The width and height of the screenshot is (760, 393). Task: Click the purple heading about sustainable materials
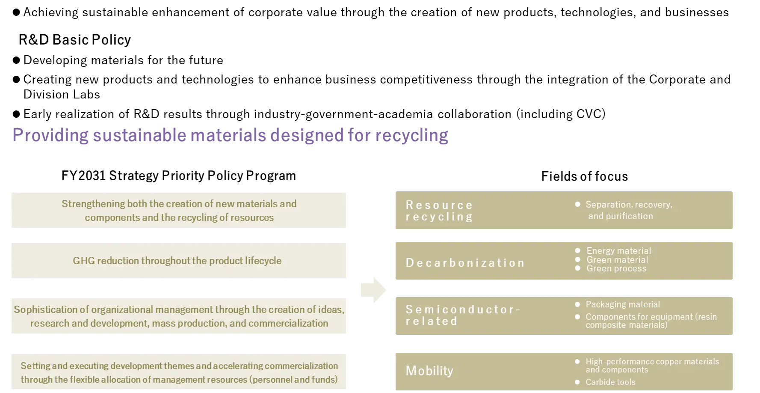pyautogui.click(x=229, y=136)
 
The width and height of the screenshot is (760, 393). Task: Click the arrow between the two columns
pyautogui.click(x=373, y=289)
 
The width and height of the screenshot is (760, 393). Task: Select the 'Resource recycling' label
pyautogui.click(x=439, y=211)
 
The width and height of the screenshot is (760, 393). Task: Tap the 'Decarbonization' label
pyautogui.click(x=465, y=262)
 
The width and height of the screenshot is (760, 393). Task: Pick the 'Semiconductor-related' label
pyautogui.click(x=463, y=315)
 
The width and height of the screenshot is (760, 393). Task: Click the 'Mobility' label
pyautogui.click(x=429, y=371)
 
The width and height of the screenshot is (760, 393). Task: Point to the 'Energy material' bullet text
pyautogui.click(x=618, y=251)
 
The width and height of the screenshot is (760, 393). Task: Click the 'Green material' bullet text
pyautogui.click(x=617, y=260)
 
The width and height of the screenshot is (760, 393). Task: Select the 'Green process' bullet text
pyautogui.click(x=616, y=268)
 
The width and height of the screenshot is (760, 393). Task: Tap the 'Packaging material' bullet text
pyautogui.click(x=623, y=304)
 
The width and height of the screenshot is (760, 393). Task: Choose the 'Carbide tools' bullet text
pyautogui.click(x=610, y=382)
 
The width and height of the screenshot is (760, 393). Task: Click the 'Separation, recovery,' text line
pyautogui.click(x=629, y=205)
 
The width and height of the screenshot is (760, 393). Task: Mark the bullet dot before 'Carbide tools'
pyautogui.click(x=577, y=382)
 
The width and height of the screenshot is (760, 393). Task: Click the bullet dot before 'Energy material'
pyautogui.click(x=578, y=250)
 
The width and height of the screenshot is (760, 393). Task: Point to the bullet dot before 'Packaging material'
pyautogui.click(x=577, y=304)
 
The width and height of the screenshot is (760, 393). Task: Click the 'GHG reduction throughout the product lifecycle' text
pyautogui.click(x=177, y=261)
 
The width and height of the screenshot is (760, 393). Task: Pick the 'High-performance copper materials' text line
pyautogui.click(x=652, y=362)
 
